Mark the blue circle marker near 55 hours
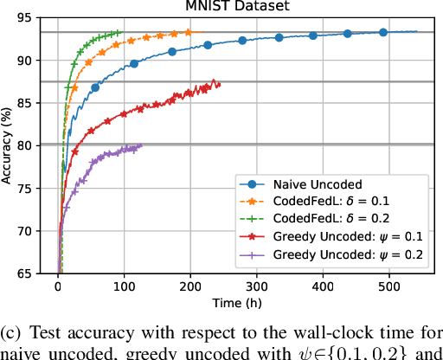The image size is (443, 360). pyautogui.click(x=95, y=88)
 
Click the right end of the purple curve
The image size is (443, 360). pyautogui.click(x=141, y=146)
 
